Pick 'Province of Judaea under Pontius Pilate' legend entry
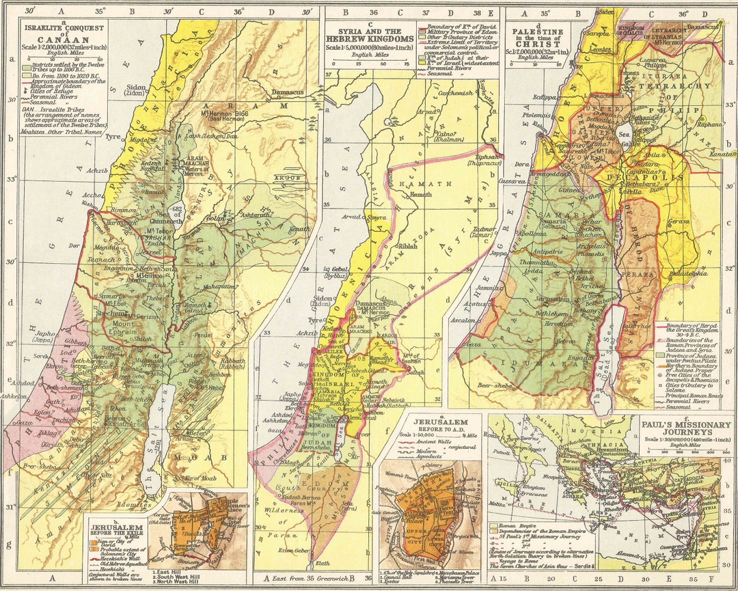tap(693, 359)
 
